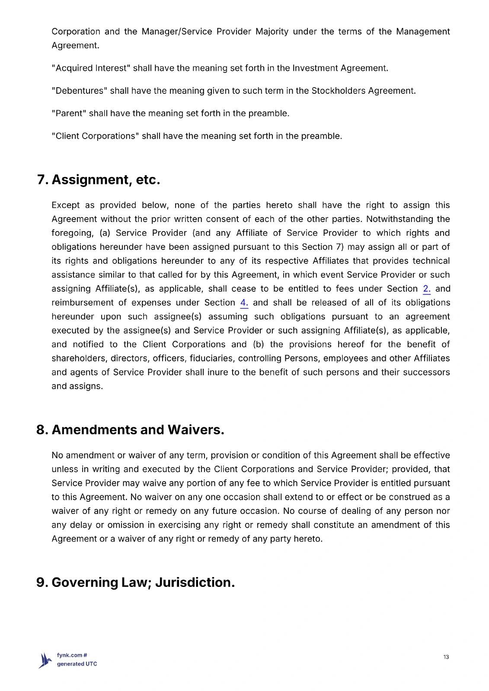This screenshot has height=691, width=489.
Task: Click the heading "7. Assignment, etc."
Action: (99, 180)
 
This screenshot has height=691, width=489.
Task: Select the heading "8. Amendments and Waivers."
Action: (130, 430)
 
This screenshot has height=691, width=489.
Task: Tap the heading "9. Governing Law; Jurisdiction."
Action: (135, 582)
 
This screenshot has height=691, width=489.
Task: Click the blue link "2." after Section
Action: (427, 289)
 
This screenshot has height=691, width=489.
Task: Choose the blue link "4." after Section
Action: (244, 303)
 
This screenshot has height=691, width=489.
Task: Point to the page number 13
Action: (446, 657)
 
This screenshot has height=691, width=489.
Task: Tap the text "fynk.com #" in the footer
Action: (72, 655)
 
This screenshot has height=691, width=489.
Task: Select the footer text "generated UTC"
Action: (77, 664)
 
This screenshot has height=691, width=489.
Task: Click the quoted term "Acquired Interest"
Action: (90, 68)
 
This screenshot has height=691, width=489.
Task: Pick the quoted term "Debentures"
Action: (79, 91)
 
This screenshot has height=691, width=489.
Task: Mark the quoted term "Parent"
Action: (69, 113)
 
